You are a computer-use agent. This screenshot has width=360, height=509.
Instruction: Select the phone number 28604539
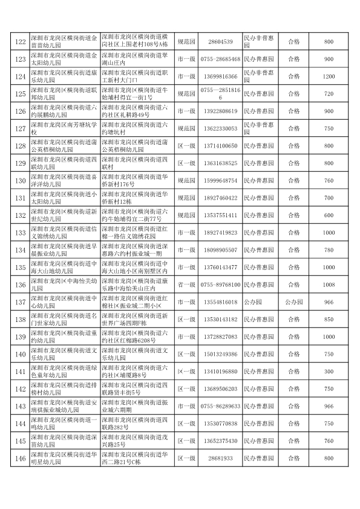[x=220, y=42]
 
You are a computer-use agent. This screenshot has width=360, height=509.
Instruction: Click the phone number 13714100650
[x=220, y=146]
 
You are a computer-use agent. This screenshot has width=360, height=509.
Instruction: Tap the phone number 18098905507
[x=220, y=250]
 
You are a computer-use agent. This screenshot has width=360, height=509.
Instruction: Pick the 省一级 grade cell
[x=186, y=284]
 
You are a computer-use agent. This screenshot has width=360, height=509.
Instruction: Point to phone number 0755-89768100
[x=220, y=284]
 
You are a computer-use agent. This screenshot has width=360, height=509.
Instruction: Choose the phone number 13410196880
[x=220, y=371]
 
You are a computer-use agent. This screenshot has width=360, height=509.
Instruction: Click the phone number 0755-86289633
[x=220, y=406]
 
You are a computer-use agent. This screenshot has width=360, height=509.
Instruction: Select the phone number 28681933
[x=220, y=458]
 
